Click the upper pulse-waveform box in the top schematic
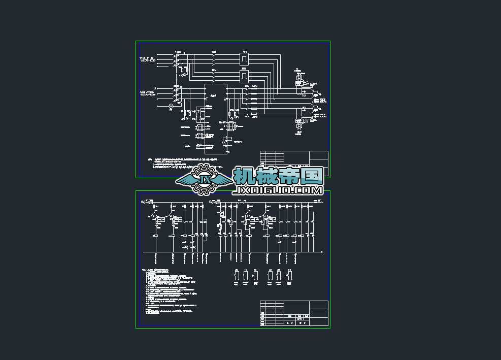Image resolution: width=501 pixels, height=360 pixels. [244, 59]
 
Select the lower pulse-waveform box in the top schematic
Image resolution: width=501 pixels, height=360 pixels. [244, 76]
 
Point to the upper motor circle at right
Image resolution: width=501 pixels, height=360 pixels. [315, 94]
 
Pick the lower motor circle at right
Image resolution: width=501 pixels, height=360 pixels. [315, 109]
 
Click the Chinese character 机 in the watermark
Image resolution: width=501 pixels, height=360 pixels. [245, 176]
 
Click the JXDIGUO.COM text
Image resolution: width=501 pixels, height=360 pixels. [278, 190]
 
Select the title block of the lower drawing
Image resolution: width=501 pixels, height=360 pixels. [294, 313]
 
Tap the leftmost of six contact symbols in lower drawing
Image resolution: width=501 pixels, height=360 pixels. [236, 275]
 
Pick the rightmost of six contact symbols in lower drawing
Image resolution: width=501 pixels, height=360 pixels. [289, 275]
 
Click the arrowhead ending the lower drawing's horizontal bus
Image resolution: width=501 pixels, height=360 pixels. [323, 251]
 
